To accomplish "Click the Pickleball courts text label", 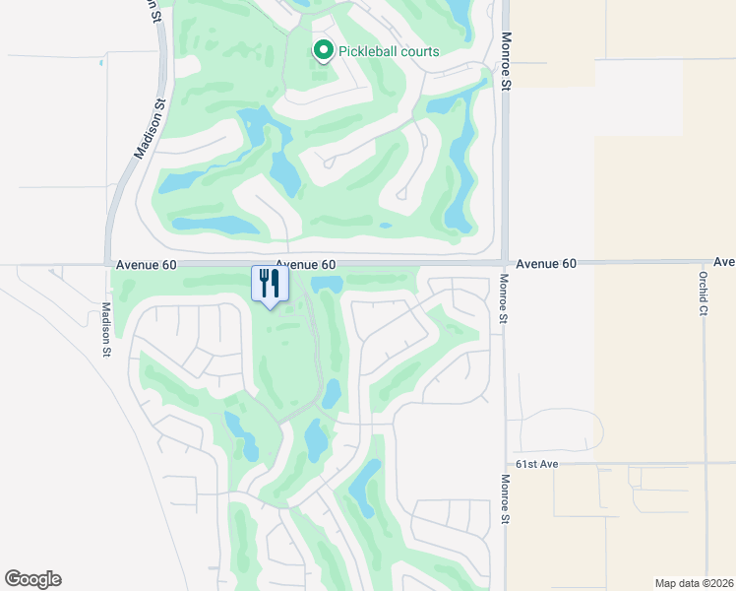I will tap(389, 51).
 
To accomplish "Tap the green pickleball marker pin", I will tap(322, 50).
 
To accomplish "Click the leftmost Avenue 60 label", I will tap(146, 265).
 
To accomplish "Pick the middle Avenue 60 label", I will tap(306, 265).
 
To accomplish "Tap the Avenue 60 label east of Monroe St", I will tap(546, 264).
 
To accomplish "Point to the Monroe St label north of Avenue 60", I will tap(507, 61).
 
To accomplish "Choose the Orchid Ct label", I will tap(704, 293).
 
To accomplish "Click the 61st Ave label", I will tap(536, 463).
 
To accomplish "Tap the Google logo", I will tap(32, 579).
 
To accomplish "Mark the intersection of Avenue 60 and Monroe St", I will tap(504, 263).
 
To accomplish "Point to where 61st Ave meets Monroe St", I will tap(504, 463).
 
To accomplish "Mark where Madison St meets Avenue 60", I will tap(106, 264).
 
